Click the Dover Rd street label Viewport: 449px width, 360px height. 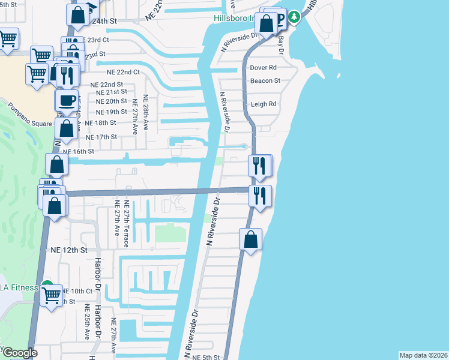[263, 67]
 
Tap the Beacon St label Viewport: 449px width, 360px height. [265, 80]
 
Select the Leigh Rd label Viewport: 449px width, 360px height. [264, 104]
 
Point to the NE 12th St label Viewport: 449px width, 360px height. [69, 249]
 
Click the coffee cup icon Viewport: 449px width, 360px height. [66, 100]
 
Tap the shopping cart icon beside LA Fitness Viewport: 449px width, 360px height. [52, 294]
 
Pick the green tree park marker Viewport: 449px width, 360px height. [294, 17]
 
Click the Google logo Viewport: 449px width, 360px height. [19, 353]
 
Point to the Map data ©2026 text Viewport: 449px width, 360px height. [423, 355]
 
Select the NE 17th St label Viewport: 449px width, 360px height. [101, 137]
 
